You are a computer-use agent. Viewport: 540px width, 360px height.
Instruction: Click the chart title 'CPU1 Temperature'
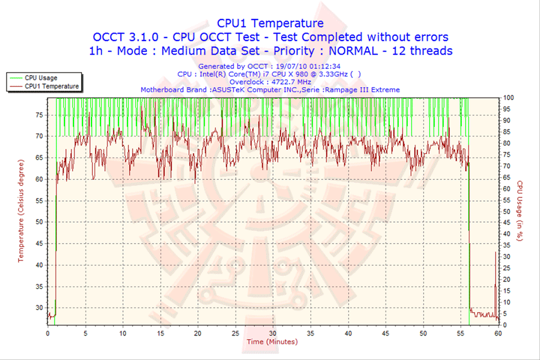pos(270,23)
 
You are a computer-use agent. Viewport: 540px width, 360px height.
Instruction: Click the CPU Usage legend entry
pos(40,77)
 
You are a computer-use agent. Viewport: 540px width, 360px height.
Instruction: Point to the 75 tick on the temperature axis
pos(39,114)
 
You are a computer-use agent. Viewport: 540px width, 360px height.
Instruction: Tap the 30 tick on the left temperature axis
pos(39,307)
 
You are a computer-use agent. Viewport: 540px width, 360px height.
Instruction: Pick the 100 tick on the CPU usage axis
pos(508,97)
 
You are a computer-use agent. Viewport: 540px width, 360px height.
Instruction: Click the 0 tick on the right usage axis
pos(506,325)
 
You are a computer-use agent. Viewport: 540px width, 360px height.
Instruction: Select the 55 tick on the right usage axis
pos(508,199)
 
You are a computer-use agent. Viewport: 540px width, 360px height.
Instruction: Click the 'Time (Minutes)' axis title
pos(272,342)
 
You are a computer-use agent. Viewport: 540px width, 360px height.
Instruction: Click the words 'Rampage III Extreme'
pos(367,89)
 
